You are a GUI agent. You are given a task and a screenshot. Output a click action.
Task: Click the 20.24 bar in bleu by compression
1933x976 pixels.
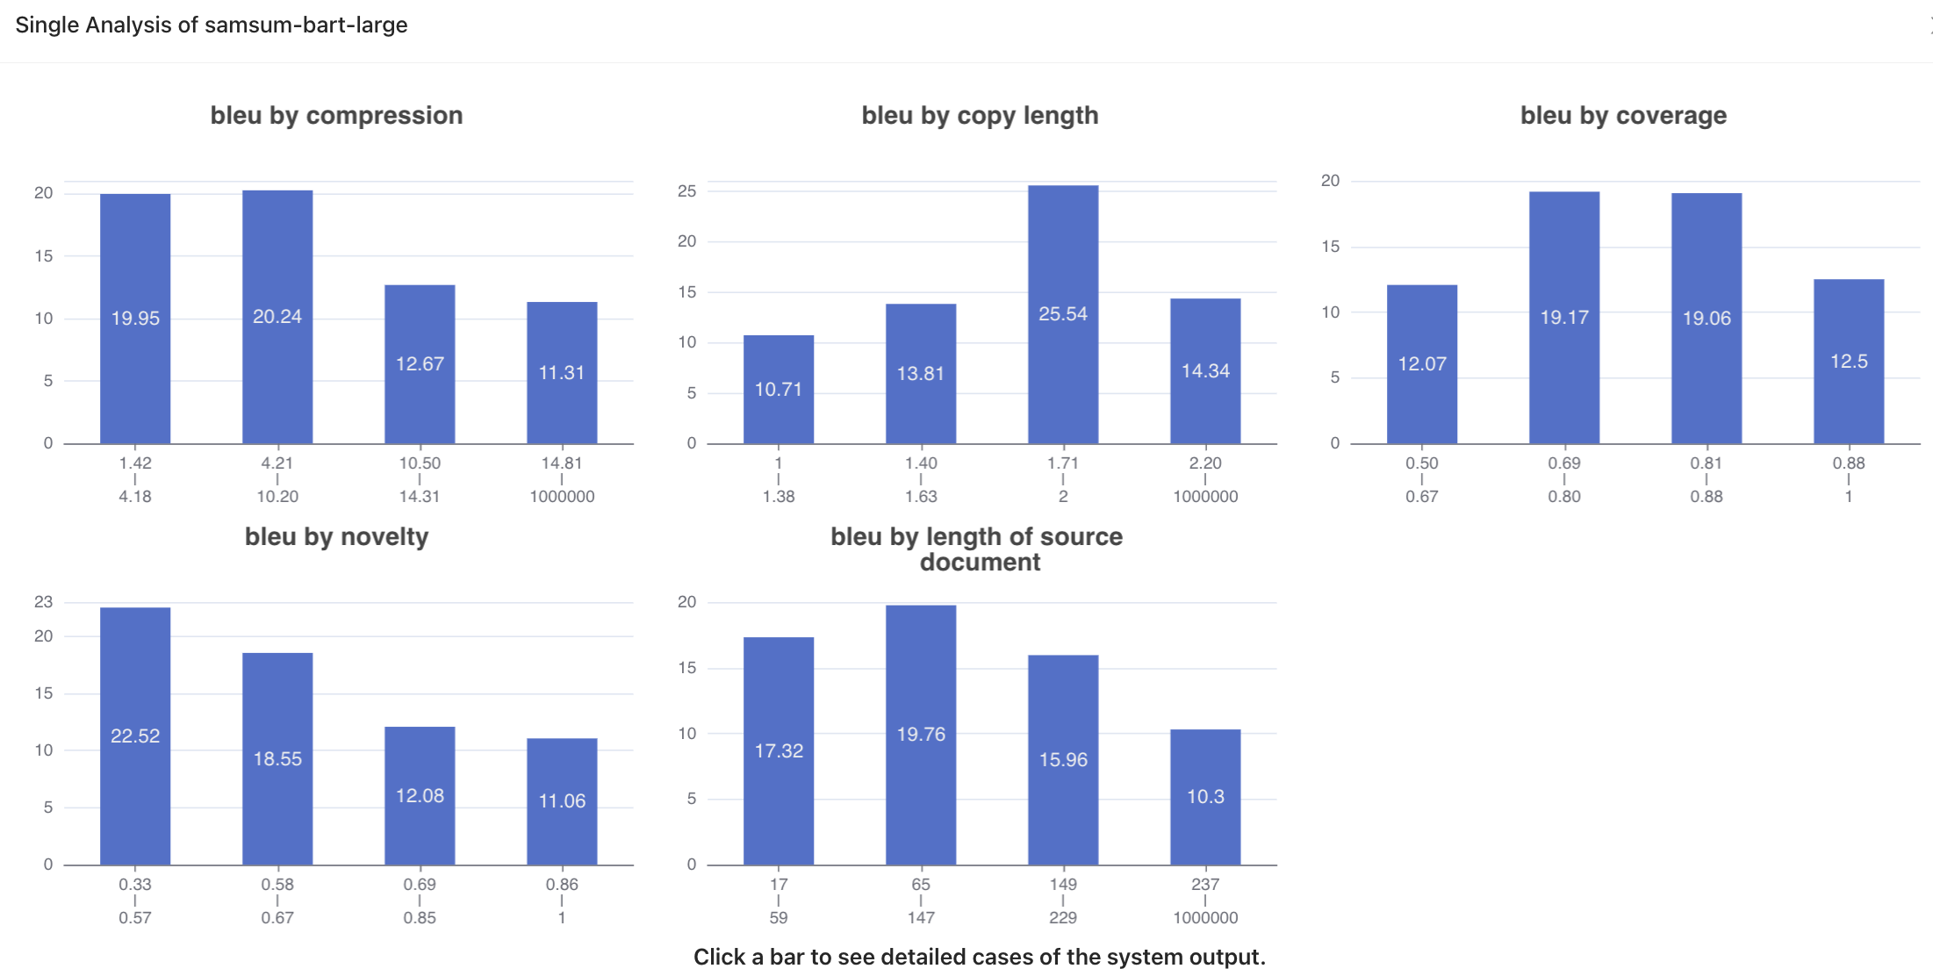pyautogui.click(x=277, y=316)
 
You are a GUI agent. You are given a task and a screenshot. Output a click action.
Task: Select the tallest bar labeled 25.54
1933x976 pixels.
pyautogui.click(x=1063, y=313)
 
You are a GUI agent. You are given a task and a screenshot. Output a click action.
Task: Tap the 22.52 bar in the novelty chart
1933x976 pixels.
pyautogui.click(x=135, y=736)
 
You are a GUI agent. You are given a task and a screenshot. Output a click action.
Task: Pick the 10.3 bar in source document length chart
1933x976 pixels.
pyautogui.click(x=1205, y=796)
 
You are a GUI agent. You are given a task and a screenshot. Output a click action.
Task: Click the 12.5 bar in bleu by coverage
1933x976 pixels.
pyautogui.click(x=1849, y=361)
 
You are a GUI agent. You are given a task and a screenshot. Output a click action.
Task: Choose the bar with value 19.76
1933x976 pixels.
pyautogui.click(x=921, y=734)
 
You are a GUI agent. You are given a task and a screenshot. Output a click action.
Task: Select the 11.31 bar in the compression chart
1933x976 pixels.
pyautogui.click(x=562, y=372)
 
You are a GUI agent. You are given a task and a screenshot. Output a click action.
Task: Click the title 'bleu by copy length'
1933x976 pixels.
pyautogui.click(x=980, y=115)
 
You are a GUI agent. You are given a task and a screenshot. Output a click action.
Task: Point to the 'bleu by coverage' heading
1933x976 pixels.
pyautogui.click(x=1623, y=115)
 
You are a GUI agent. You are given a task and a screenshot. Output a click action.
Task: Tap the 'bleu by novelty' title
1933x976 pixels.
pyautogui.click(x=336, y=536)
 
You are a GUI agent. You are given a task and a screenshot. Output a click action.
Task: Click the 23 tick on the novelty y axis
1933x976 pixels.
pyautogui.click(x=44, y=602)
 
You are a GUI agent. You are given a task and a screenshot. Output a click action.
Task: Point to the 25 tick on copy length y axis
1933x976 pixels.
pyautogui.click(x=687, y=191)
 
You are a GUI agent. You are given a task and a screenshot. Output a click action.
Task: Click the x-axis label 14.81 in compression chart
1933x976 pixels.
pyautogui.click(x=562, y=463)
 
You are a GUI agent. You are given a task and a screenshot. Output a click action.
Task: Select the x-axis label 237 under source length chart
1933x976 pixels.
pyautogui.click(x=1205, y=884)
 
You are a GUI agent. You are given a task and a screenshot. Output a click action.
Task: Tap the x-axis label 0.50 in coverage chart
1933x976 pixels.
pyautogui.click(x=1422, y=463)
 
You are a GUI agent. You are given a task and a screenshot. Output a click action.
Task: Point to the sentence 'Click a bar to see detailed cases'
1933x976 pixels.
pyautogui.click(x=979, y=957)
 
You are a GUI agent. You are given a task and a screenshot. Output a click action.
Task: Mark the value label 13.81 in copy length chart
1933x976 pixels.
pyautogui.click(x=921, y=373)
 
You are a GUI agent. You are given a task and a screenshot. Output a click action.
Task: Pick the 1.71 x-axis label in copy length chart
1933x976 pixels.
pyautogui.click(x=1063, y=463)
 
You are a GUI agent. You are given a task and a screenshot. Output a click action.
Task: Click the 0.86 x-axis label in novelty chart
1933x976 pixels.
pyautogui.click(x=562, y=884)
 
